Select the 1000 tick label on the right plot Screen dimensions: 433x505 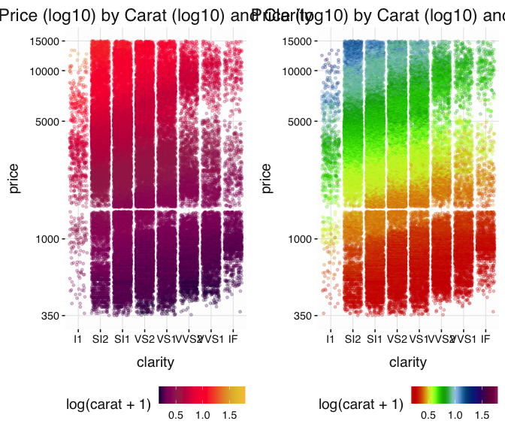[x=302, y=239]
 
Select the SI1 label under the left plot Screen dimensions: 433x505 [x=121, y=339]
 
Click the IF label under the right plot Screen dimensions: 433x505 [x=486, y=339]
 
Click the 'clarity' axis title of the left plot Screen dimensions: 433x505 [x=156, y=362]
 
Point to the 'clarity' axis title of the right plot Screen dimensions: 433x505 [x=408, y=362]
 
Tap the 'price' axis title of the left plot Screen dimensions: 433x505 [x=15, y=178]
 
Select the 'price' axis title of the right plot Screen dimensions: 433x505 [x=268, y=178]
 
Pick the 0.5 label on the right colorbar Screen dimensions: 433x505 [x=428, y=414]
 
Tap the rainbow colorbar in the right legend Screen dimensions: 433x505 [x=455, y=395]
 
